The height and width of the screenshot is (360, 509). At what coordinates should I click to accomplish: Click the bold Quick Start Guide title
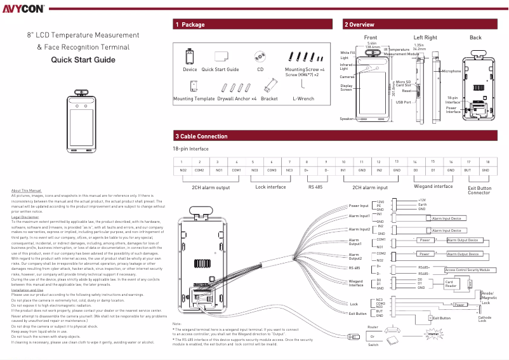pyautogui.click(x=83, y=60)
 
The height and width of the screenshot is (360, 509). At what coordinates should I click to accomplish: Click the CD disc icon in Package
pyautogui.click(x=260, y=56)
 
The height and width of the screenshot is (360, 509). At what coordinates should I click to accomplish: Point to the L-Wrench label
pyautogui.click(x=303, y=99)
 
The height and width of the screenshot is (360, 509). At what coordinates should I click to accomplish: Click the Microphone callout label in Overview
pyautogui.click(x=451, y=71)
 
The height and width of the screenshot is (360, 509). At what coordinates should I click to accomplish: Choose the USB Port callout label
pyautogui.click(x=403, y=102)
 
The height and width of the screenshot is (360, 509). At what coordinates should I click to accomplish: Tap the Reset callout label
pyautogui.click(x=406, y=91)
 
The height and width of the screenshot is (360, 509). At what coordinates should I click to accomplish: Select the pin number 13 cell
pyautogui.click(x=396, y=162)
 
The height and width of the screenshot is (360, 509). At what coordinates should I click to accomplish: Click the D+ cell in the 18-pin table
pyautogui.click(x=307, y=170)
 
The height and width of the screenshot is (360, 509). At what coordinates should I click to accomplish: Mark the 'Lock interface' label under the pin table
pyautogui.click(x=270, y=187)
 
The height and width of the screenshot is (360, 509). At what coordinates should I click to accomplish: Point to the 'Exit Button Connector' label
pyautogui.click(x=479, y=190)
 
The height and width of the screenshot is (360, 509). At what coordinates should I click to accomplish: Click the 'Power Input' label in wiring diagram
pyautogui.click(x=359, y=206)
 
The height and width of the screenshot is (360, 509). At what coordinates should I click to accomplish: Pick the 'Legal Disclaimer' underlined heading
pyautogui.click(x=25, y=217)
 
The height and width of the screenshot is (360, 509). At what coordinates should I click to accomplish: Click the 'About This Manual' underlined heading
pyautogui.click(x=26, y=190)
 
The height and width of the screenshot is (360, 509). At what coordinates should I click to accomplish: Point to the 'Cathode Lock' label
pyautogui.click(x=484, y=319)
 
